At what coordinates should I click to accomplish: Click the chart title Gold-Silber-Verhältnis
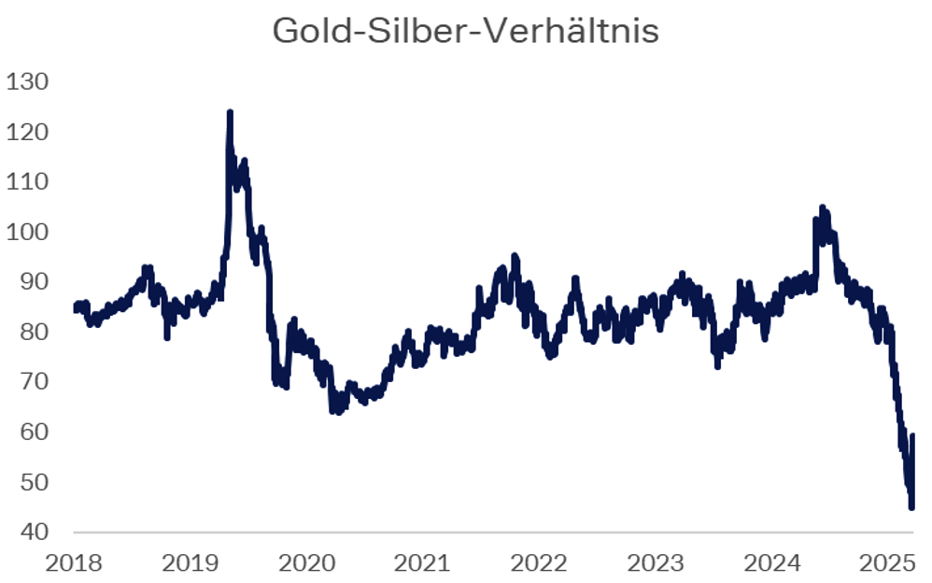click(465, 31)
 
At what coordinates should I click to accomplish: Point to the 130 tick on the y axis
click(27, 82)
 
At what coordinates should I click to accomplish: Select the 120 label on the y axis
click(27, 133)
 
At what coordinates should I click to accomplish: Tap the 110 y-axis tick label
click(27, 182)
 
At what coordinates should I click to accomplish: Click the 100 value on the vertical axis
click(27, 233)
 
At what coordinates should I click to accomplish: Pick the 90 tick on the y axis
click(33, 282)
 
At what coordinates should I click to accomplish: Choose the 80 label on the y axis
click(33, 333)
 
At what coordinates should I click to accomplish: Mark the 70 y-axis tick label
click(33, 382)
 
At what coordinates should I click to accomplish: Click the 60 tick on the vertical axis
click(33, 433)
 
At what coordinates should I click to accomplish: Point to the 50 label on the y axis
click(33, 482)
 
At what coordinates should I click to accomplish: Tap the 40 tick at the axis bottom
click(33, 533)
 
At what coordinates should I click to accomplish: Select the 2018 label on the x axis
click(76, 563)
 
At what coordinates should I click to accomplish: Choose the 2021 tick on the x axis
click(424, 563)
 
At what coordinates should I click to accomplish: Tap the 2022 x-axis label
click(541, 563)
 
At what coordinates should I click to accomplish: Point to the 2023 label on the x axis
click(657, 563)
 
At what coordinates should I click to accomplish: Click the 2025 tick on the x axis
click(888, 563)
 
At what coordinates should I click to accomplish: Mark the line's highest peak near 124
click(230, 113)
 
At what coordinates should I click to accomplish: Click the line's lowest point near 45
click(911, 507)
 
